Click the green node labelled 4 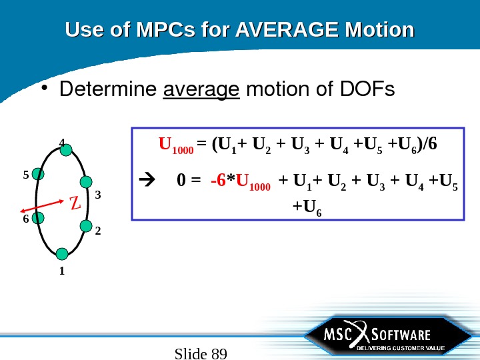pos(66,151)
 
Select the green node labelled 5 pos(38,174)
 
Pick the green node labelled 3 pos(85,182)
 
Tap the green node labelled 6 pos(38,217)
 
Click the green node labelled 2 pos(85,226)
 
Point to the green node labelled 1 pos(62,253)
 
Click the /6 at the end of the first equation pos(431,144)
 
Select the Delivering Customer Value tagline pos(400,348)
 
